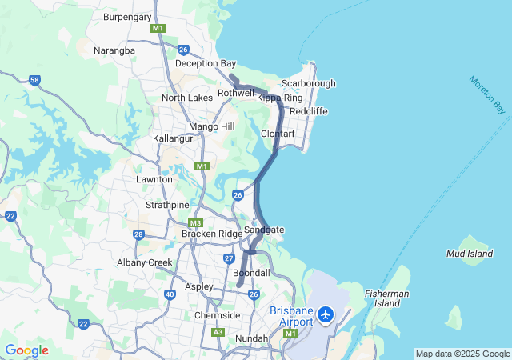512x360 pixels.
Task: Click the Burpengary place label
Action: [127, 15]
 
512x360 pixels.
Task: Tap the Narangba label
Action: [114, 50]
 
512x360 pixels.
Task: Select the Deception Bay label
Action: [206, 63]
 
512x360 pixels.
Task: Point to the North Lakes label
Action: [187, 98]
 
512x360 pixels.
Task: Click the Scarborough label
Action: [308, 83]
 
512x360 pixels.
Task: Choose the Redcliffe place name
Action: [309, 111]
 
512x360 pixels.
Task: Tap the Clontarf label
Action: [278, 134]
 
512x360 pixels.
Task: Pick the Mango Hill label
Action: [212, 126]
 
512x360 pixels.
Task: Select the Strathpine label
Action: [167, 205]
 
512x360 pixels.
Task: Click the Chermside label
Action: [218, 315]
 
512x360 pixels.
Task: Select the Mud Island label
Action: [469, 254]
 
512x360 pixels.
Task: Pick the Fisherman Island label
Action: [387, 298]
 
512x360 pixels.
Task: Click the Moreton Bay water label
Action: [489, 94]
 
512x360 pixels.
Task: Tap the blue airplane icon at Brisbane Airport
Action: [326, 314]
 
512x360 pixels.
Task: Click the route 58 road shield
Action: [34, 80]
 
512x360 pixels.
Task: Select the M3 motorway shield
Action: [196, 222]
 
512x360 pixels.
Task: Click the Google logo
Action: [26, 350]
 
